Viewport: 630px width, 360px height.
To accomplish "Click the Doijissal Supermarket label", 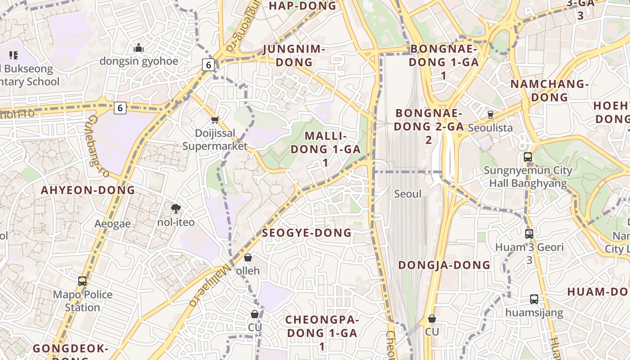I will click(x=215, y=139).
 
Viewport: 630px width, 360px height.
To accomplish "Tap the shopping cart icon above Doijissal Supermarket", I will click(x=215, y=120).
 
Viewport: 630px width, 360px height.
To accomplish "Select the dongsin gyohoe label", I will click(x=139, y=61).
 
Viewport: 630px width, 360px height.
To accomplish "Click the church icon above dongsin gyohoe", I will click(x=139, y=47).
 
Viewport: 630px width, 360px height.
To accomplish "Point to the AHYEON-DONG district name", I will click(x=88, y=190).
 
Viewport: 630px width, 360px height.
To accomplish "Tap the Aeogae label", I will click(x=112, y=224).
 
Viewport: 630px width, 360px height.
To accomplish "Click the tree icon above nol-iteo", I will click(x=176, y=208).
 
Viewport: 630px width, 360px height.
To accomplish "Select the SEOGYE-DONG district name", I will click(x=306, y=233).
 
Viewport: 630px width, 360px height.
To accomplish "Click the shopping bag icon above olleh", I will click(x=248, y=257).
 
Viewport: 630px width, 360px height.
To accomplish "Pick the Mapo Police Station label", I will click(x=83, y=301).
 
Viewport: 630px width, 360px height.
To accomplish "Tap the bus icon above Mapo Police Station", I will click(x=82, y=281).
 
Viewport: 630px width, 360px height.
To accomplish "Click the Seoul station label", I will click(x=408, y=194).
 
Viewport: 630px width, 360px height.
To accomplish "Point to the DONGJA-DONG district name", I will click(x=445, y=265).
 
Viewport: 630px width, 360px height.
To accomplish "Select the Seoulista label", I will click(x=490, y=128).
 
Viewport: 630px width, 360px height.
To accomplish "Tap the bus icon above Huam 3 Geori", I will click(x=529, y=234).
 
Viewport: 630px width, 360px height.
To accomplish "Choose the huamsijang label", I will click(x=534, y=313).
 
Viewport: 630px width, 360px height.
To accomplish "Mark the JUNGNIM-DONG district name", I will click(x=294, y=55).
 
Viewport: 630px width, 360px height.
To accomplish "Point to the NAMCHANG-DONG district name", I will click(x=549, y=90).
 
